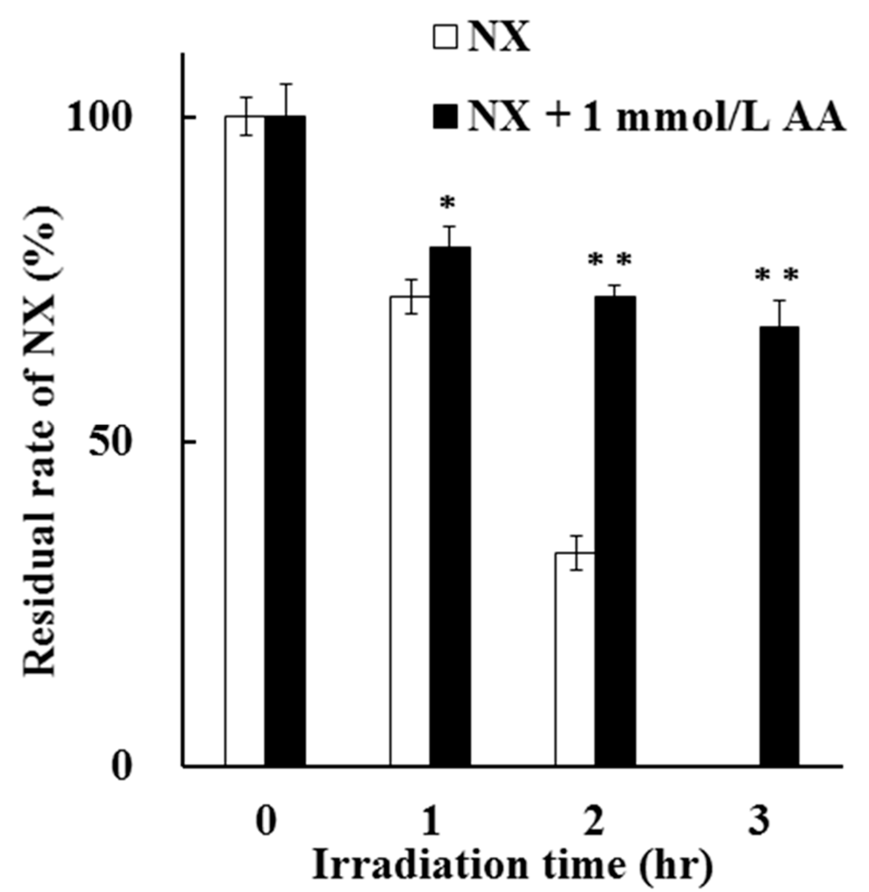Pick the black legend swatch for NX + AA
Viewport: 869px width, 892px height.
pyautogui.click(x=445, y=117)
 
